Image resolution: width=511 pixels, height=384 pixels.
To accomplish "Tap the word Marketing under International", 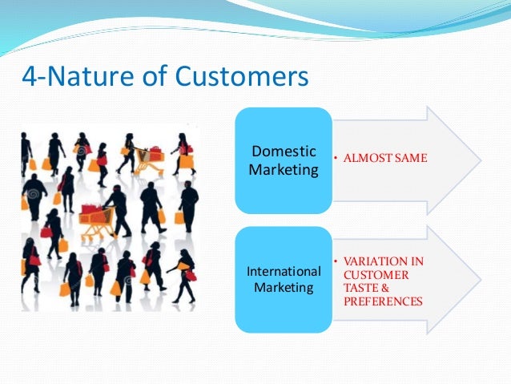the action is (x=284, y=287).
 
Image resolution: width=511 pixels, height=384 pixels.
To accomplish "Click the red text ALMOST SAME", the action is (x=384, y=158).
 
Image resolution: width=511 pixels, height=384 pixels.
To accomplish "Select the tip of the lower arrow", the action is (x=481, y=280).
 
